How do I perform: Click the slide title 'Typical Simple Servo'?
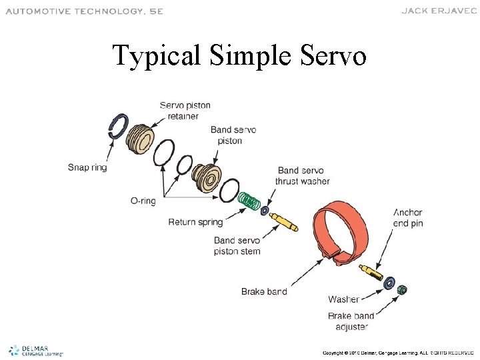(x=239, y=55)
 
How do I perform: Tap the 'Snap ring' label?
(x=87, y=167)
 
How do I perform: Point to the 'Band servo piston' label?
(x=233, y=135)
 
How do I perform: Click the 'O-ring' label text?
(x=143, y=201)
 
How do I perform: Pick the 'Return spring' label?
(x=195, y=221)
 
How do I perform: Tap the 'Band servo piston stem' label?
(x=237, y=245)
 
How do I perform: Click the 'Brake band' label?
(x=264, y=291)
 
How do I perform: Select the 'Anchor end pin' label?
(x=407, y=218)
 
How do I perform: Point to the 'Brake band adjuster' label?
(x=351, y=321)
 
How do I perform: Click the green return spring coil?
(x=251, y=201)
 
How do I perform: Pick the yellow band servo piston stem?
(x=285, y=220)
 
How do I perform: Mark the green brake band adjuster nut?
(x=402, y=289)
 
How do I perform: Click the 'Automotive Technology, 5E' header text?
(x=84, y=11)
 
